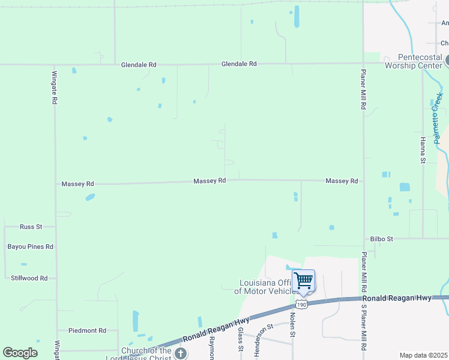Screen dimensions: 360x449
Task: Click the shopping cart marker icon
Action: (304, 280)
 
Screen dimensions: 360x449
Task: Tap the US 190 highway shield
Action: (302, 305)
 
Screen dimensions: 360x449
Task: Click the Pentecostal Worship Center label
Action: (412, 61)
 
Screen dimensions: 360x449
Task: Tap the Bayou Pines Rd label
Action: (31, 247)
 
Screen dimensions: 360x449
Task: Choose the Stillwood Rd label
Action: (29, 278)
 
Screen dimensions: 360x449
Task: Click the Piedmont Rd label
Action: (87, 331)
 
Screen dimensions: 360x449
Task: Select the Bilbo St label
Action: (381, 239)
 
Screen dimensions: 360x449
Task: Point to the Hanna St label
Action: (423, 150)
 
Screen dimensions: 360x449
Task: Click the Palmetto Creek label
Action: (438, 117)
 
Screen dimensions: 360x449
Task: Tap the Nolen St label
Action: (293, 325)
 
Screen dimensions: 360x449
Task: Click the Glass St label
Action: (241, 339)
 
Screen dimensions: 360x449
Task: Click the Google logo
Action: (20, 353)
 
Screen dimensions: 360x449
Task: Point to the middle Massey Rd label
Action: (209, 181)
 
